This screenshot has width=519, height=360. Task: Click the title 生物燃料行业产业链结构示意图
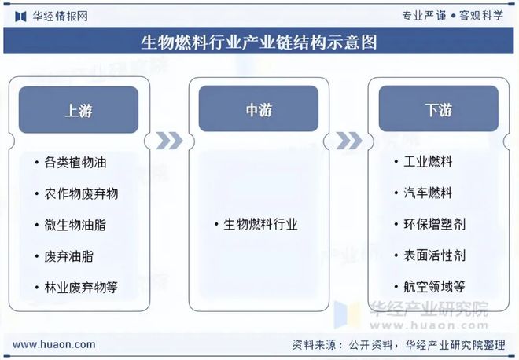tap(259, 42)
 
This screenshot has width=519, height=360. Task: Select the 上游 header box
tap(79, 109)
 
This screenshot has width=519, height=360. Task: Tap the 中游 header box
tap(259, 109)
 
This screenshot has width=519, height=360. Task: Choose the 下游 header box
tap(439, 109)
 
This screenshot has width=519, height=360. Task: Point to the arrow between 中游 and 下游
tap(348, 140)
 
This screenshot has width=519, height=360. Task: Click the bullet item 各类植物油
tap(75, 163)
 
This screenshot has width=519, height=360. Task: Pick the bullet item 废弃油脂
tap(69, 256)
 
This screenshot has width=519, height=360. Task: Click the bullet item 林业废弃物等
tap(81, 287)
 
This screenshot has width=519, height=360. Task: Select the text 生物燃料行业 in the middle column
tap(260, 225)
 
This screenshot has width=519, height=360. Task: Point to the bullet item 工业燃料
tap(428, 163)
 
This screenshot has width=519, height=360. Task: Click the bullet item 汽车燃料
tap(428, 193)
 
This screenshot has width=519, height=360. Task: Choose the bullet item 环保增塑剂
tap(434, 225)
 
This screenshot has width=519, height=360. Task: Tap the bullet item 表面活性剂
tap(434, 256)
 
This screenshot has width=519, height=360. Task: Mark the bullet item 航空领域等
tap(434, 287)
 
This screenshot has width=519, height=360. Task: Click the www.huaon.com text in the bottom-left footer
tap(54, 344)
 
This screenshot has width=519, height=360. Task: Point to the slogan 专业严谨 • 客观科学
tap(452, 15)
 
